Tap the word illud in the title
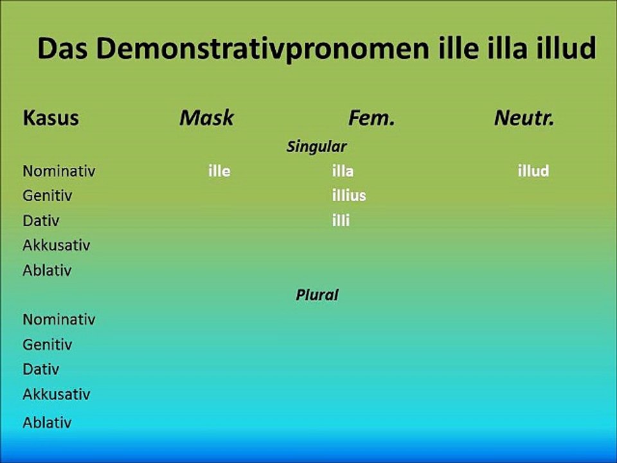566,48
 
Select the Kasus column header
51,118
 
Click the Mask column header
206,118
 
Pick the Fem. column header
371,118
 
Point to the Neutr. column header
524,118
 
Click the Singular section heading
316,147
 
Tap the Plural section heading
317,295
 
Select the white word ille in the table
219,172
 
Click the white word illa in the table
343,172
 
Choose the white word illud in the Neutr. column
533,172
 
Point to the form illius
348,195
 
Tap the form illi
341,221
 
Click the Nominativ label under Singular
58,172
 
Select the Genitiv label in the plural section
47,345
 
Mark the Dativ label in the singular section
40,221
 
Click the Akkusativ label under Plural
56,394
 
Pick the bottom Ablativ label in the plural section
47,422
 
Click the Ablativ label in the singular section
47,270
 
